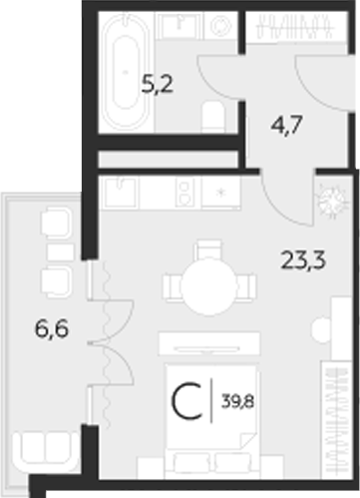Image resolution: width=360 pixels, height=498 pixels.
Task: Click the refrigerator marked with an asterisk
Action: [x=219, y=192]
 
